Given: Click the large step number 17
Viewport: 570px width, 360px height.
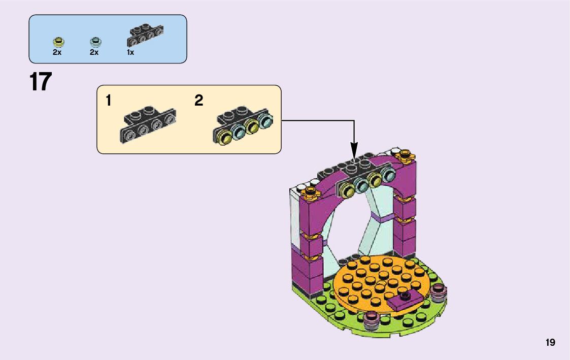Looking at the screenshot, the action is point(41,82).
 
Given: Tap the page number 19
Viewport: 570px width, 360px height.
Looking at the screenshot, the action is point(551,343).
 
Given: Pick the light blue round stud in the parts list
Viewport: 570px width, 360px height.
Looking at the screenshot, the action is point(94,41).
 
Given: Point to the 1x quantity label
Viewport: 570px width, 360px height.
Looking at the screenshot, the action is point(130,52).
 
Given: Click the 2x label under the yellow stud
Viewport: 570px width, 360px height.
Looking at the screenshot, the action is point(57,52).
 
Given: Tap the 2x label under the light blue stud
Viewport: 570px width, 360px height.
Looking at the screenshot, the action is point(94,52).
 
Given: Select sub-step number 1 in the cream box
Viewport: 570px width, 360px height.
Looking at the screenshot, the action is point(108,101).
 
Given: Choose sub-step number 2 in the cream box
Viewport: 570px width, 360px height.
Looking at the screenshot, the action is point(199,101).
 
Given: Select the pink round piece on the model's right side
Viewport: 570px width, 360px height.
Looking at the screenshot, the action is point(438,292).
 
